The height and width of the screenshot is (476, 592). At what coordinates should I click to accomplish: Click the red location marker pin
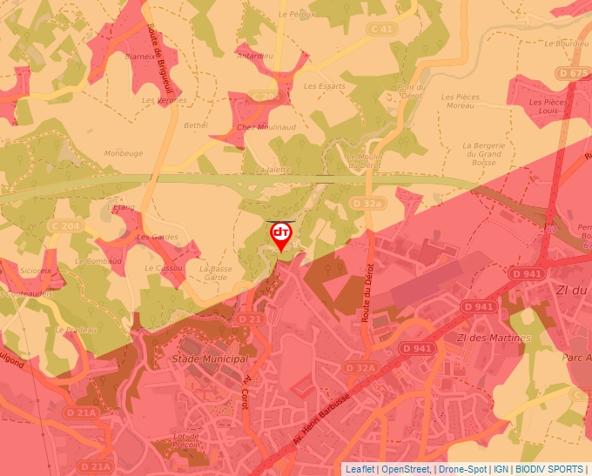point(281,235)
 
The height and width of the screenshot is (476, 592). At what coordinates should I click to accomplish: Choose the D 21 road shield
point(251,319)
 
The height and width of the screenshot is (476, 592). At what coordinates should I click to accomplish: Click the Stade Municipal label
point(209,359)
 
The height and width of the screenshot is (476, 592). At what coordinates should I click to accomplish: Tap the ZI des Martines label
point(493,338)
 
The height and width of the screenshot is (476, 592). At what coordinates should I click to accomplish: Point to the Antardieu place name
point(254,56)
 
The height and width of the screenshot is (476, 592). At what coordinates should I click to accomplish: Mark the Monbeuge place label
point(124,153)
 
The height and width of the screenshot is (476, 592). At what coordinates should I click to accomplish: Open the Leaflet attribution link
point(360,469)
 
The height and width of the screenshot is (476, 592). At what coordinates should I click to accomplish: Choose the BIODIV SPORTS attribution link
point(549,469)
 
